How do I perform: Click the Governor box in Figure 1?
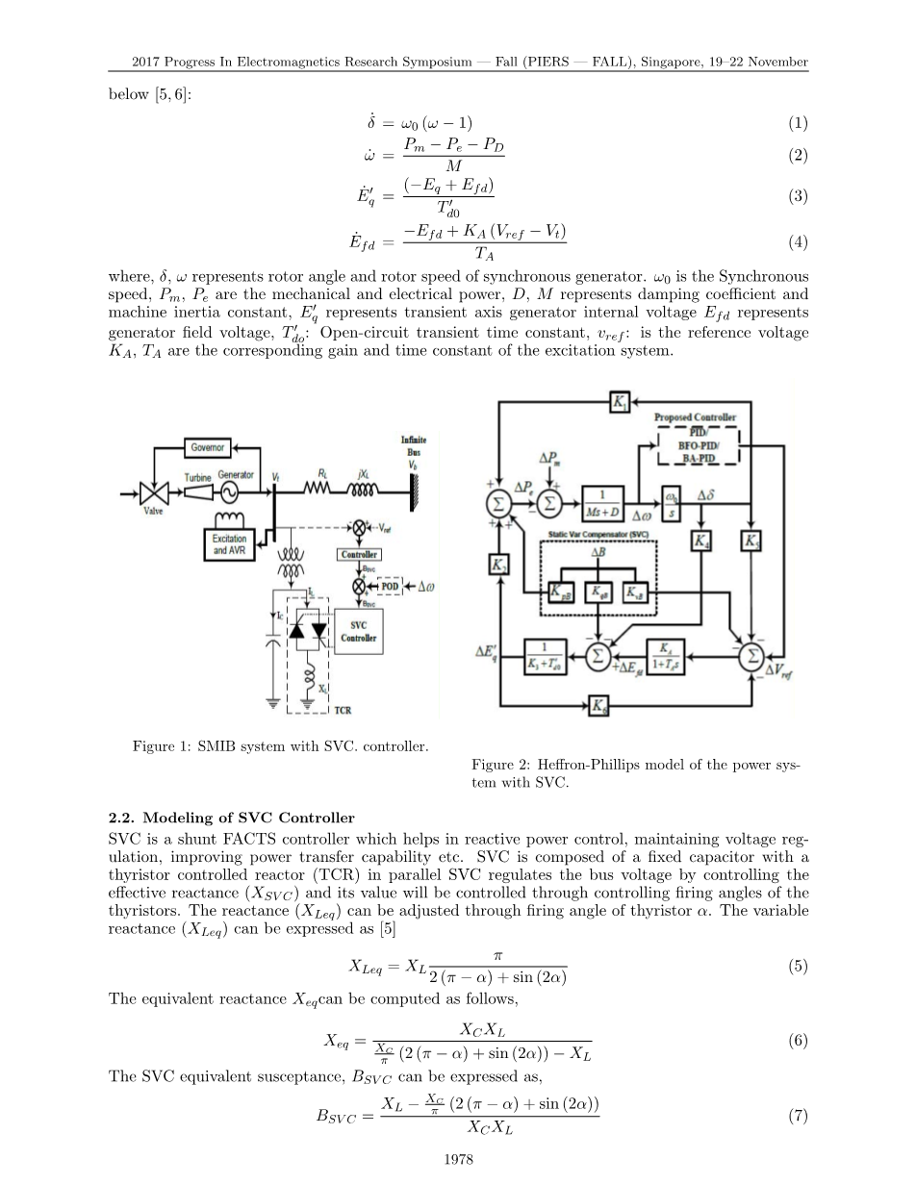pyautogui.click(x=207, y=447)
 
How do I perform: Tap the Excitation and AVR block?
pyautogui.click(x=229, y=544)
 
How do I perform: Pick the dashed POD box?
pyautogui.click(x=390, y=586)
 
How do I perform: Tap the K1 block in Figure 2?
pyautogui.click(x=621, y=402)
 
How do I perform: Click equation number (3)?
pyautogui.click(x=798, y=196)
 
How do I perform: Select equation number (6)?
pyautogui.click(x=798, y=1041)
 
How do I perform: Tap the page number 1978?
pyautogui.click(x=458, y=1160)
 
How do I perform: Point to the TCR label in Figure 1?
pyautogui.click(x=343, y=711)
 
